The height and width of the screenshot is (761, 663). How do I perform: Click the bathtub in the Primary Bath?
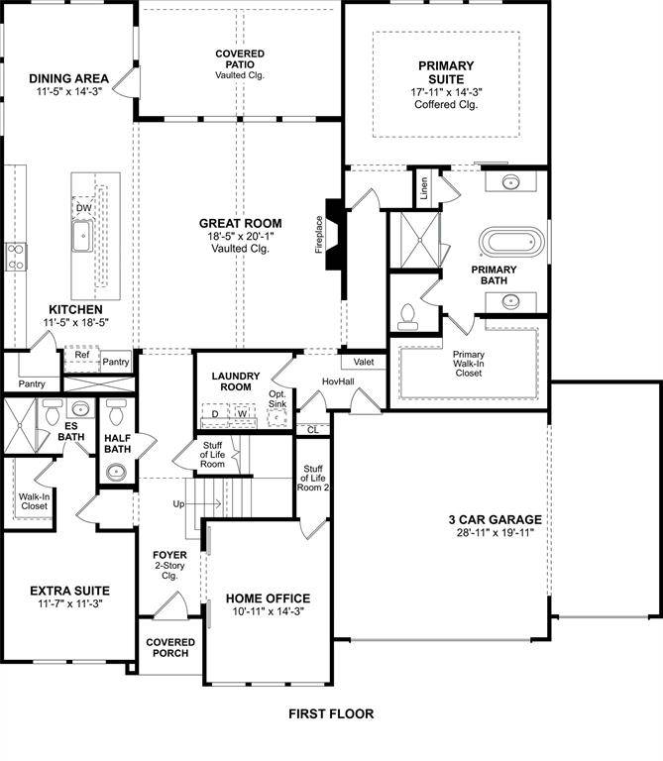click(511, 243)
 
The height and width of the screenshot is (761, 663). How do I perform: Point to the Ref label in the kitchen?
click(81, 354)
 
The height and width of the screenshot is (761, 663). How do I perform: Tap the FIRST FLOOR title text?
click(331, 713)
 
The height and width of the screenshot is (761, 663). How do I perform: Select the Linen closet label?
click(424, 188)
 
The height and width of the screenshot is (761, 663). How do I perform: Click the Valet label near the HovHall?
click(363, 363)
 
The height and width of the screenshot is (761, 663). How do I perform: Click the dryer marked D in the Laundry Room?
click(216, 414)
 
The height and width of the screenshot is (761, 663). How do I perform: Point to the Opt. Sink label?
click(277, 398)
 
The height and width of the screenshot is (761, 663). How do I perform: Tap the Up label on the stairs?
click(178, 504)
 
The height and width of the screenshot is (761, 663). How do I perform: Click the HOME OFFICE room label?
click(268, 598)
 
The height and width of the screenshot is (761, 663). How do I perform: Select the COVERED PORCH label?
click(170, 648)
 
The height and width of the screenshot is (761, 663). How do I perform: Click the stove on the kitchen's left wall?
click(16, 257)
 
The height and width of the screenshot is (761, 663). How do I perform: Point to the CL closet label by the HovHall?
click(312, 429)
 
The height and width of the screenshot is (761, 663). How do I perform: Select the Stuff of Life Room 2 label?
click(313, 480)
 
